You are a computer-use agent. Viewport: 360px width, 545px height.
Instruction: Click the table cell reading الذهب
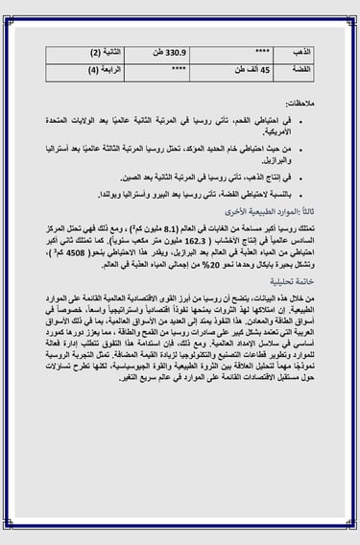click(302, 51)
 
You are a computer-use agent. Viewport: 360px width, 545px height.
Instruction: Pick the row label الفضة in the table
click(301, 70)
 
